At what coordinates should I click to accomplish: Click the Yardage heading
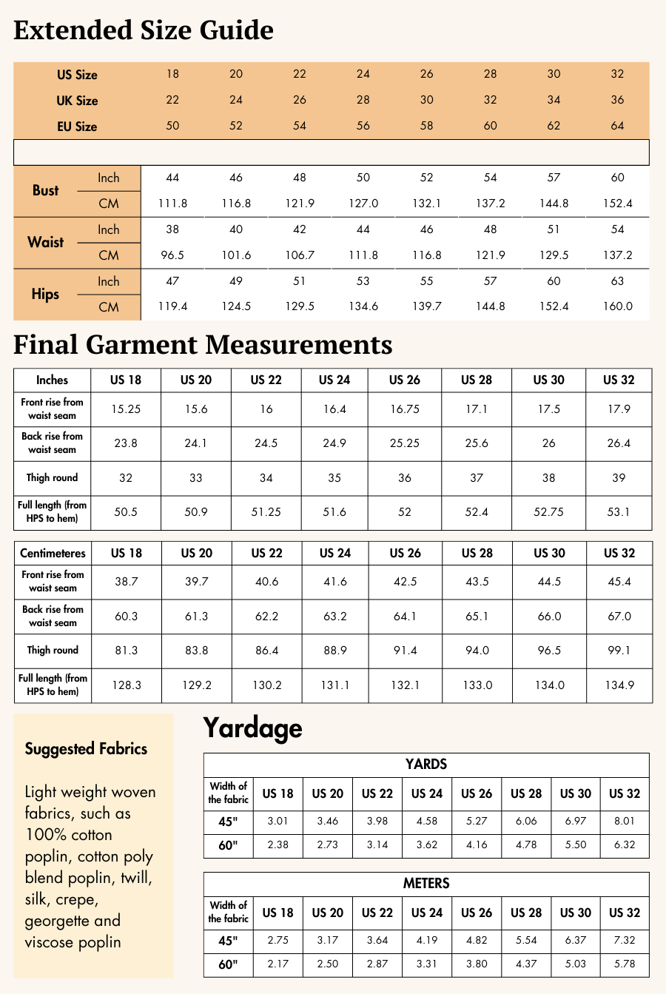point(252,728)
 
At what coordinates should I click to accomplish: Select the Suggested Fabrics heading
point(86,748)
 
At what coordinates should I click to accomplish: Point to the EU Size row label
point(77,127)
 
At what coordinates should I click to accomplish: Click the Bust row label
point(46,190)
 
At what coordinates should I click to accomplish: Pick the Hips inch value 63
point(617,281)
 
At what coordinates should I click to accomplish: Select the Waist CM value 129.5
point(554,255)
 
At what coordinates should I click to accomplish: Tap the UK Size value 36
point(617,100)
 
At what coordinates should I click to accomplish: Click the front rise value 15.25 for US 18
point(126,409)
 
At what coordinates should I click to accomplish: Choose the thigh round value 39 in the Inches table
point(619,478)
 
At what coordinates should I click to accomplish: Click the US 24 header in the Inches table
point(334,380)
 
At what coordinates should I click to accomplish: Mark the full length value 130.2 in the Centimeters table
point(267,685)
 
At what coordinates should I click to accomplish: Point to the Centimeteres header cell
point(53,554)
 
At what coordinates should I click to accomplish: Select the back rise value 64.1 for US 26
point(405,617)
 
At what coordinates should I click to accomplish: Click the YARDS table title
point(426,765)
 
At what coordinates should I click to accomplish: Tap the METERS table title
point(426,884)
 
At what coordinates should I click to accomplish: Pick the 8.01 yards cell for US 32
point(624,822)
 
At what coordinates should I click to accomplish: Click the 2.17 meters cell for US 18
point(277,964)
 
